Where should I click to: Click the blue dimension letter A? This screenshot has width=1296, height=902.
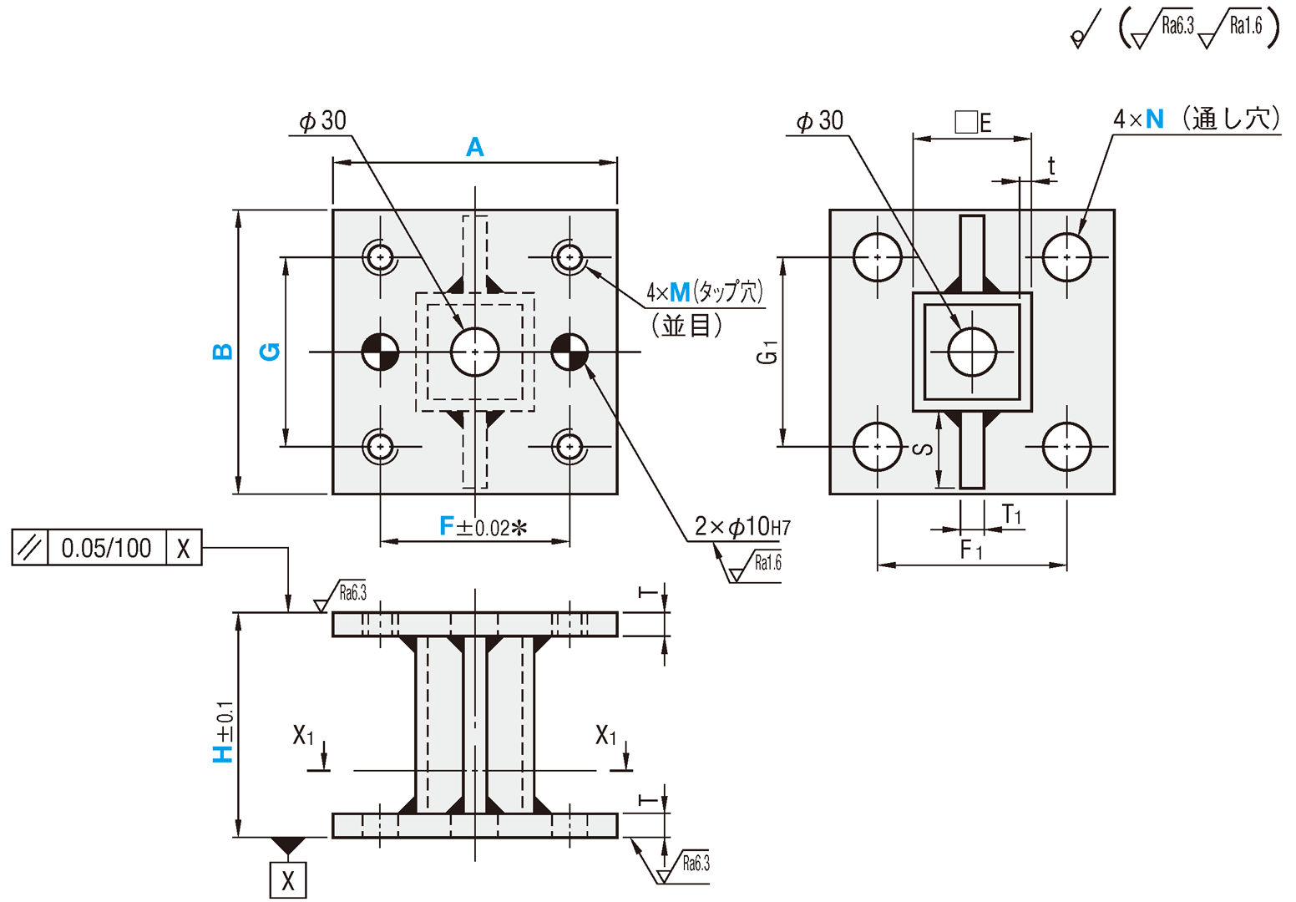[x=474, y=148]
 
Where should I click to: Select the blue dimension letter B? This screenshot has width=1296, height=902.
[x=223, y=352]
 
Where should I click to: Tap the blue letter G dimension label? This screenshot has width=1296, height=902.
[x=270, y=352]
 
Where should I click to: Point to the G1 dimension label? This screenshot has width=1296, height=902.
[x=767, y=352]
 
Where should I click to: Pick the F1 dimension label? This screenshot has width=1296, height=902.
[x=971, y=550]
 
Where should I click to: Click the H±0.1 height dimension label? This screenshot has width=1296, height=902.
[x=224, y=732]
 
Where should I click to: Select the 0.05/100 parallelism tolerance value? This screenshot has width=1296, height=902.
[x=106, y=548]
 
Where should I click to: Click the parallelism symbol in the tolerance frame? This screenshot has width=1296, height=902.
[x=30, y=548]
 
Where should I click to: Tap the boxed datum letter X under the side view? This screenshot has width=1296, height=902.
[x=288, y=880]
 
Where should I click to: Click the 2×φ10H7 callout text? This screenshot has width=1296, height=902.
[x=742, y=527]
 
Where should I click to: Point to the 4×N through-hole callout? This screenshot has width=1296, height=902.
[x=1196, y=119]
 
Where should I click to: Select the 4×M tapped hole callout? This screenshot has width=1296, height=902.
[x=704, y=292]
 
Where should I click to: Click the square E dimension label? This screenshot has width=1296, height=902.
[x=973, y=123]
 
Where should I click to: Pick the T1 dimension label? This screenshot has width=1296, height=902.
[x=1012, y=514]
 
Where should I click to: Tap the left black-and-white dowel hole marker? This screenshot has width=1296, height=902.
[x=381, y=352]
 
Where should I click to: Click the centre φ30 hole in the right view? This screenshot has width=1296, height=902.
[x=972, y=352]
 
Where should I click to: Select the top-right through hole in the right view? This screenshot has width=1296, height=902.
[x=1067, y=257]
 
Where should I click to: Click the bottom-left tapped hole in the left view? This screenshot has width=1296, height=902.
[x=381, y=447]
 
